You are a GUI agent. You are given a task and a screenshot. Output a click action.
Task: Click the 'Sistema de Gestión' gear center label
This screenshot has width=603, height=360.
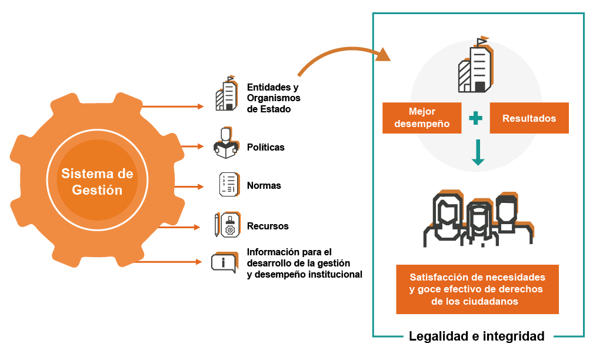click(97, 182)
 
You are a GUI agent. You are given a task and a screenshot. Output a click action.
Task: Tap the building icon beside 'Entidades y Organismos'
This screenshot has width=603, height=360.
click(226, 94)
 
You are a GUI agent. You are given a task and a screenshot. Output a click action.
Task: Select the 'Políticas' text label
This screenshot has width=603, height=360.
click(265, 147)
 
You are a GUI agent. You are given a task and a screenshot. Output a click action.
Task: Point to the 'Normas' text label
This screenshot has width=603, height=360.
click(264, 185)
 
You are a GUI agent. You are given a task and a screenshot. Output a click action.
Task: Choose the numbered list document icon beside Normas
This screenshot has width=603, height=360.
click(228, 184)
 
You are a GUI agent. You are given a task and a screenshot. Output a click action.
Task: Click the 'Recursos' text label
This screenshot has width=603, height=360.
click(268, 226)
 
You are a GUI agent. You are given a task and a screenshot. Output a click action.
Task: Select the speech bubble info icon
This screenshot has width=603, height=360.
click(223, 262)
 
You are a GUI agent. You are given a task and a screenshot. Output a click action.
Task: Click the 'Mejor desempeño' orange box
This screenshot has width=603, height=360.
click(421, 118)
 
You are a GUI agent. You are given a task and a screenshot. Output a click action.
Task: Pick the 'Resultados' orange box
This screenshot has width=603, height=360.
click(529, 118)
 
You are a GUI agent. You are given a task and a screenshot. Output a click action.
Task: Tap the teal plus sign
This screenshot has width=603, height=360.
click(475, 118)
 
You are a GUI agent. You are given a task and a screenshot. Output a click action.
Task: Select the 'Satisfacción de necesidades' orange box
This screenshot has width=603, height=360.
click(477, 289)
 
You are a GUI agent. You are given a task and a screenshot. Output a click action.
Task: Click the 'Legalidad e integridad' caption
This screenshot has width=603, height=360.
click(477, 336)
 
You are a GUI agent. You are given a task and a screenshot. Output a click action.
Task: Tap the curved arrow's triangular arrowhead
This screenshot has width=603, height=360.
click(384, 55)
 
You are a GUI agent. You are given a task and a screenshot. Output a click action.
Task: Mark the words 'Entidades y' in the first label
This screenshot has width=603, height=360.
click(272, 87)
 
